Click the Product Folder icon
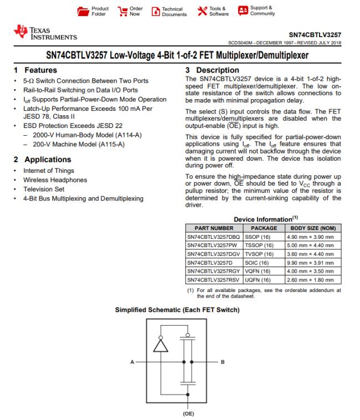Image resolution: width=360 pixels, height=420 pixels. (81, 11)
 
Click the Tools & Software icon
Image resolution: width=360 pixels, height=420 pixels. (200, 11)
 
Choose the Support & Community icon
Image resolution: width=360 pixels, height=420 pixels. (243, 11)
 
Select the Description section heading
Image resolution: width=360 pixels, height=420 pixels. (213, 70)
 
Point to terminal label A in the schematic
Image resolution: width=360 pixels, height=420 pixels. (132, 362)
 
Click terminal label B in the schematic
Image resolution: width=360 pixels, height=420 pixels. (222, 362)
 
